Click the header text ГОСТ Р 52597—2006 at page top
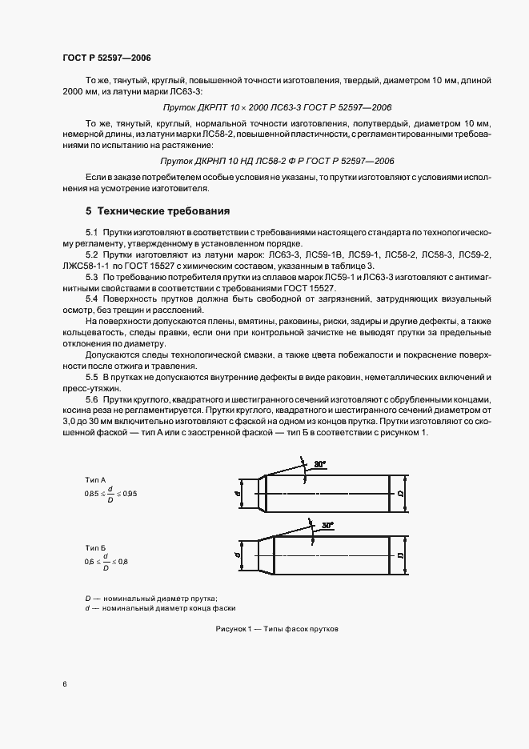(x=106, y=58)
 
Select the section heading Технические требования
(x=163, y=212)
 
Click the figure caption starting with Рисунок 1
(x=277, y=629)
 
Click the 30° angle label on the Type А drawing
(x=320, y=464)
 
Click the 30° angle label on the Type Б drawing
(x=327, y=526)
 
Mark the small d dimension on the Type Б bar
(x=239, y=554)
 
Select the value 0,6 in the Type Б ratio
(x=89, y=563)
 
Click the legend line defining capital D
(x=151, y=599)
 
